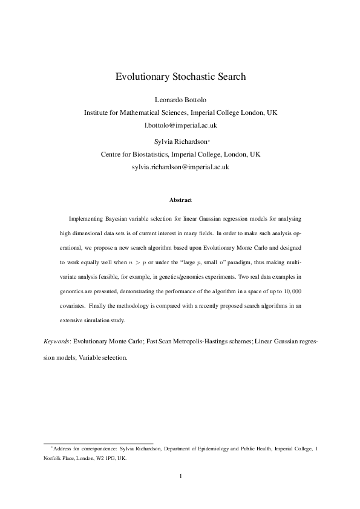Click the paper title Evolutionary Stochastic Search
tap(180, 77)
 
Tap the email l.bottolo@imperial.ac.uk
tap(180, 125)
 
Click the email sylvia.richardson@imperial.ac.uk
tap(180, 166)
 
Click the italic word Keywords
tap(57, 342)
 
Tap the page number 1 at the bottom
tap(180, 476)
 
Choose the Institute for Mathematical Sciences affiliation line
tap(180, 112)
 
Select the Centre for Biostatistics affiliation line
tap(180, 154)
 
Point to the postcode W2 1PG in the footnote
tap(106, 458)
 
